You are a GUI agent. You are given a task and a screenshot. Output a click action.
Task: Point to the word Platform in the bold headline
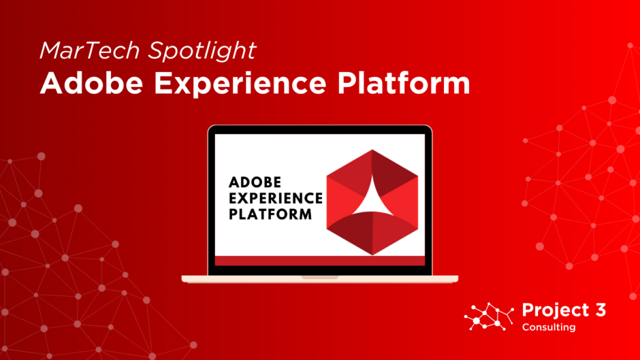411,83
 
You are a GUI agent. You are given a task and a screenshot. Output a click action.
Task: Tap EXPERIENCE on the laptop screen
276,197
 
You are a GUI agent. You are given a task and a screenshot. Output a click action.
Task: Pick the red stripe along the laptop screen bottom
320,261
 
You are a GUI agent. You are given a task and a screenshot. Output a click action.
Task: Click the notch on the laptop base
320,277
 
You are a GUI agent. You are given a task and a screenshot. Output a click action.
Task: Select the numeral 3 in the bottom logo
598,310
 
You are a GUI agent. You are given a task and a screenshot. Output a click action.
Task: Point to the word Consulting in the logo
549,327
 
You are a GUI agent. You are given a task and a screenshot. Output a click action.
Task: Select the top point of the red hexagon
372,151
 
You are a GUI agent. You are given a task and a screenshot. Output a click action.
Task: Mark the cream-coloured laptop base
248,279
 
